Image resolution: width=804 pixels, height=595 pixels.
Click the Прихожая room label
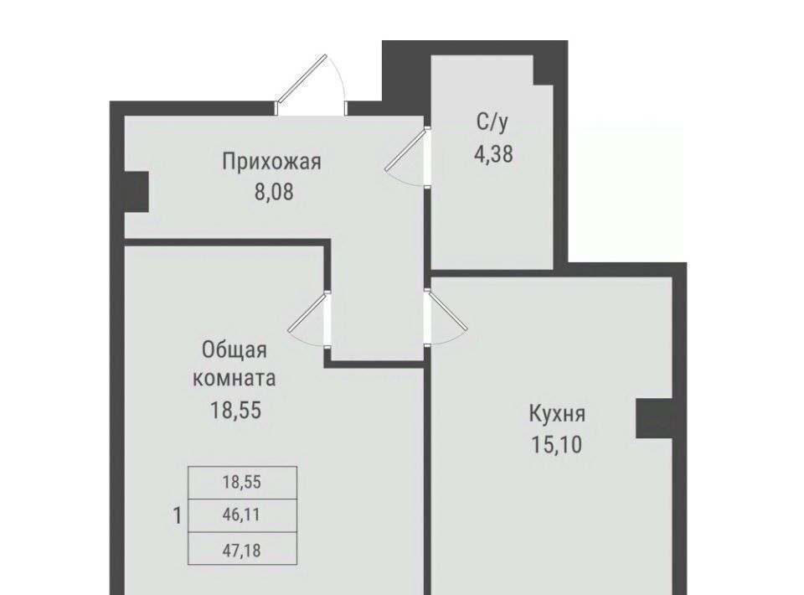(271, 162)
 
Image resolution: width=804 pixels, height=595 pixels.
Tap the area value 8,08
(275, 193)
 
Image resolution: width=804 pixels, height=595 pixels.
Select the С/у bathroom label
(492, 122)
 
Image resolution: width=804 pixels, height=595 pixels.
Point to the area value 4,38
(493, 153)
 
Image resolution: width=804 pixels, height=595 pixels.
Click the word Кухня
(557, 413)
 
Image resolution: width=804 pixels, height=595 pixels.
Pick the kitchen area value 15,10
(556, 444)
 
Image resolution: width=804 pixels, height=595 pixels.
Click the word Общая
(234, 350)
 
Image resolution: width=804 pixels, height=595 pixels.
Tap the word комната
(234, 380)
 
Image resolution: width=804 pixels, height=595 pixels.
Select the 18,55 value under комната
(236, 411)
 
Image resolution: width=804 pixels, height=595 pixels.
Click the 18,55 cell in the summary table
(242, 482)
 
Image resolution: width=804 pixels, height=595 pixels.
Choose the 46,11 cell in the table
(242, 515)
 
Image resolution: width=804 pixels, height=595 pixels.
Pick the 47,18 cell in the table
(242, 550)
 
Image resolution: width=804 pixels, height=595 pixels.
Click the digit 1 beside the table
(178, 515)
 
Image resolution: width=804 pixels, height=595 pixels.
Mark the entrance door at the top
(311, 85)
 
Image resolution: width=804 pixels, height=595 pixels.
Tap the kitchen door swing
(446, 318)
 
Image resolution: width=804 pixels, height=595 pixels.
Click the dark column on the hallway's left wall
(137, 191)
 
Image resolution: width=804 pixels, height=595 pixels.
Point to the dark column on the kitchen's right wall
(654, 418)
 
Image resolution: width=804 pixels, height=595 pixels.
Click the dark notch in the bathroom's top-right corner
(544, 70)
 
